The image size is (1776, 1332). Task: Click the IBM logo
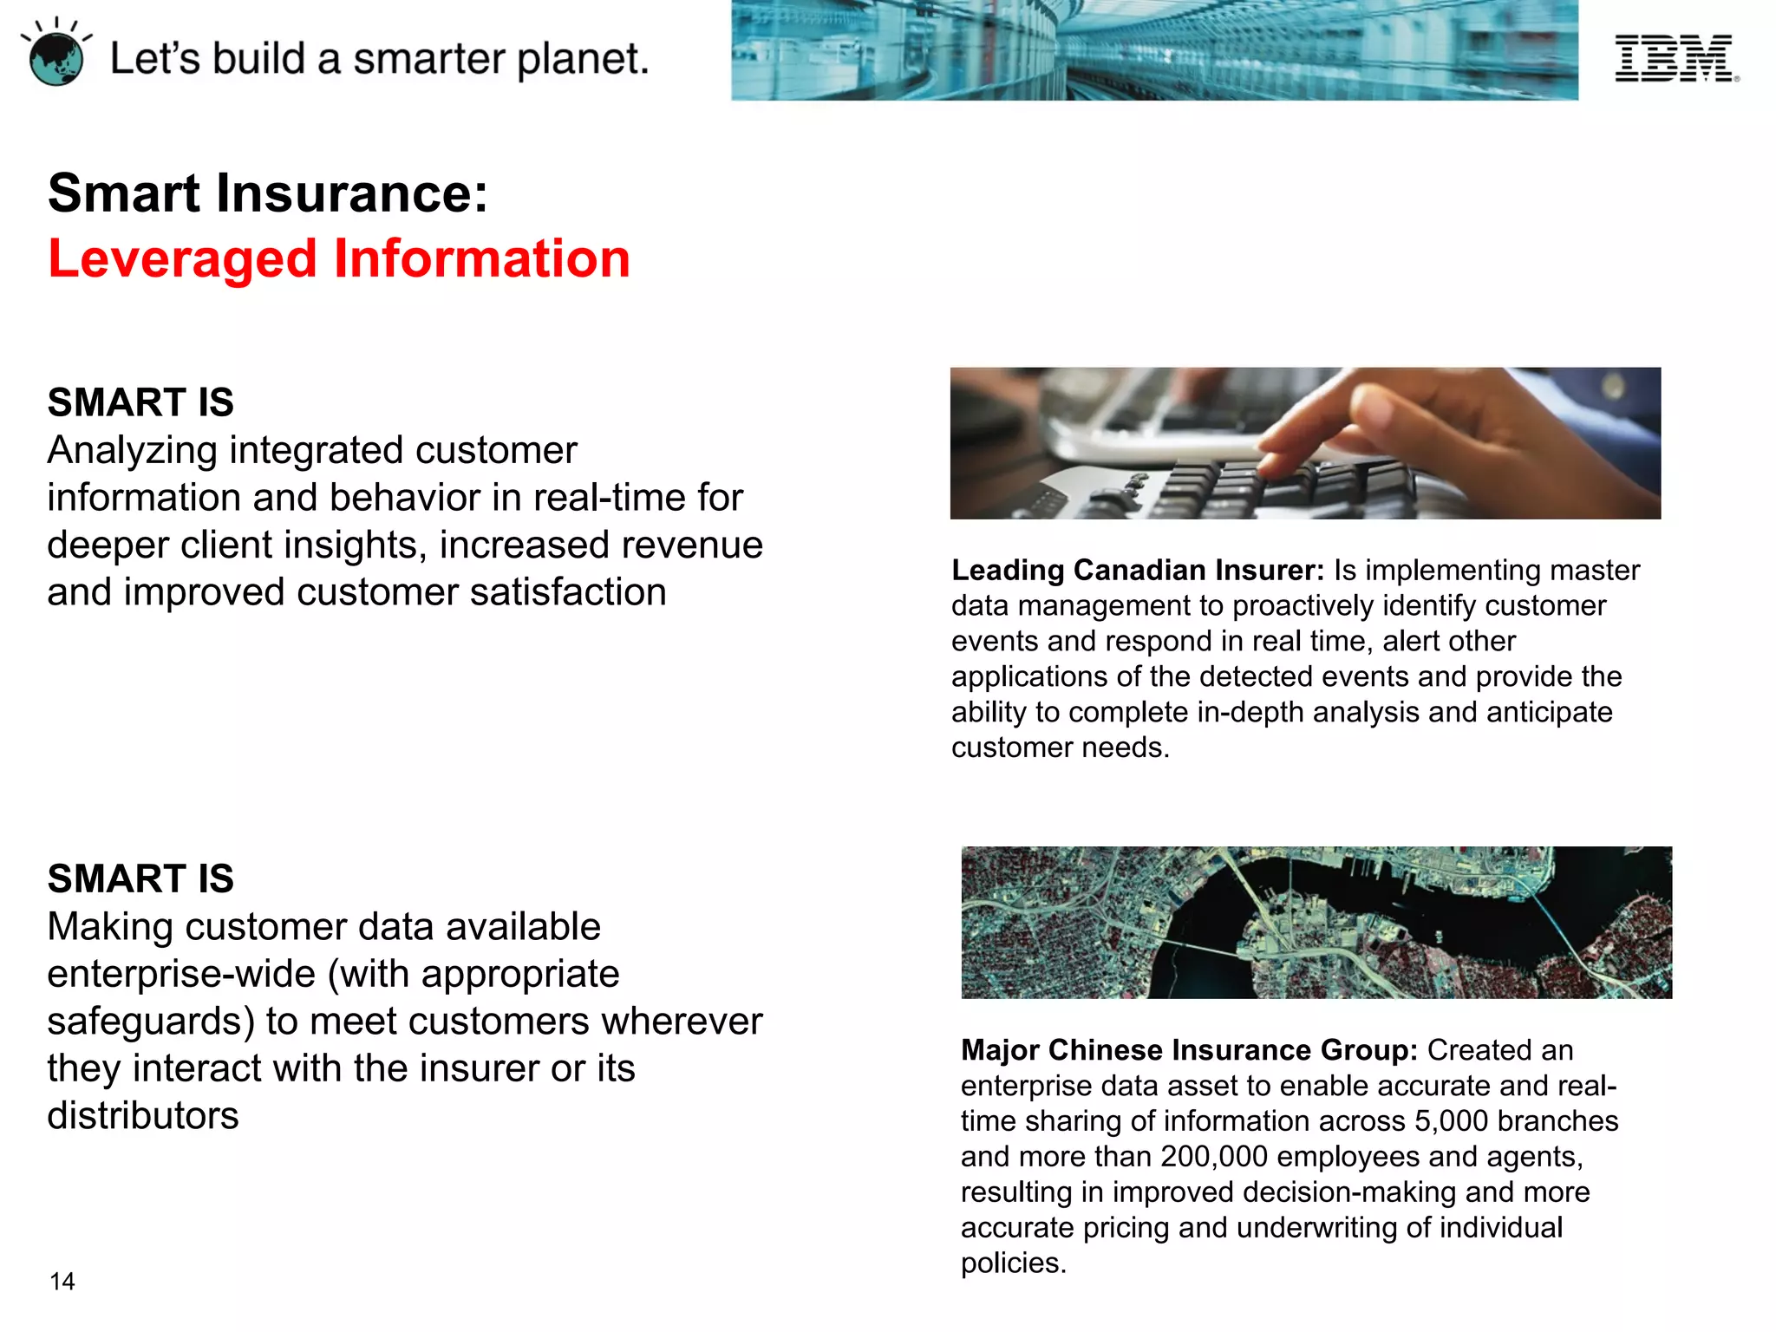point(1675,58)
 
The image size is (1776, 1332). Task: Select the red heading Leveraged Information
point(339,258)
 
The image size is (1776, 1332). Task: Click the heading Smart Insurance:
point(268,193)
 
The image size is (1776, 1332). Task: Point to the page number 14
point(62,1281)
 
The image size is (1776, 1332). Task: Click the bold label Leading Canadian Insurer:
point(1138,570)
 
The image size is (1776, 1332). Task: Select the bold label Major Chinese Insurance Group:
point(1189,1050)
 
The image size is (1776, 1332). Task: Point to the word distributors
point(143,1116)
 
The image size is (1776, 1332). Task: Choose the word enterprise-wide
point(181,974)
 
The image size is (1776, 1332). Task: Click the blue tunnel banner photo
point(1154,50)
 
